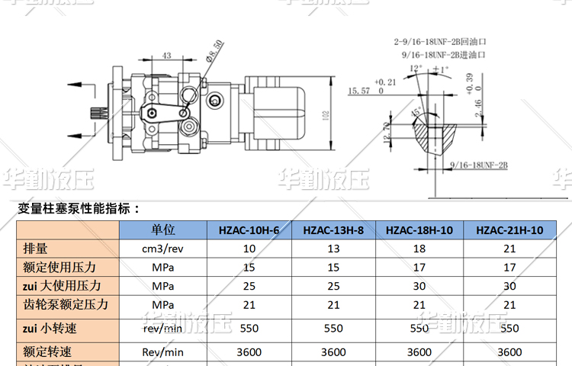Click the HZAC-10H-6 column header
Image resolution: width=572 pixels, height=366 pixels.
[x=249, y=230]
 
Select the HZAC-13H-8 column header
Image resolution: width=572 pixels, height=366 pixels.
[x=333, y=230]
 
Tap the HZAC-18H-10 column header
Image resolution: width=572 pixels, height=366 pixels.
[x=419, y=230]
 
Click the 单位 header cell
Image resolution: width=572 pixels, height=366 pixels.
[x=163, y=230]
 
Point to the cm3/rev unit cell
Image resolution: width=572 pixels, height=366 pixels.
[x=163, y=249]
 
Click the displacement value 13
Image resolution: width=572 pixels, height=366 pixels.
[x=333, y=249]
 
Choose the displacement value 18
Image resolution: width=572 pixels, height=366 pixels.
[x=419, y=249]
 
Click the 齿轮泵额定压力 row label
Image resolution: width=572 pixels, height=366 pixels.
[x=66, y=304]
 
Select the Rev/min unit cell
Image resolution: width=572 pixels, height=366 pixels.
[x=163, y=352]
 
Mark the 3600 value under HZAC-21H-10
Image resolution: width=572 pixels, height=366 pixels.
[x=509, y=352]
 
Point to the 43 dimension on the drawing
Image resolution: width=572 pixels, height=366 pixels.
[x=166, y=56]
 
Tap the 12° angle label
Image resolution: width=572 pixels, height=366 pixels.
[x=416, y=68]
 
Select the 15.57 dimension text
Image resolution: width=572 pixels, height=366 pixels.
[x=358, y=91]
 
